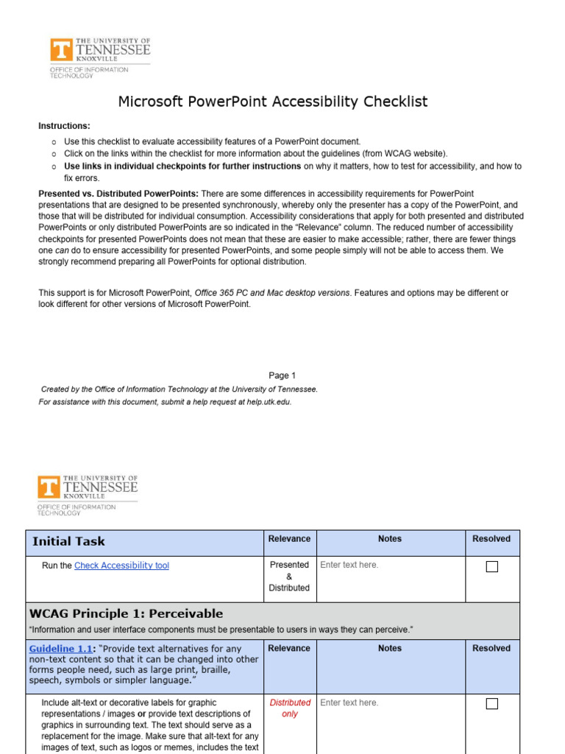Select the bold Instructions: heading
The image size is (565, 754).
(x=64, y=126)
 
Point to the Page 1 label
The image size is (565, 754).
(x=282, y=376)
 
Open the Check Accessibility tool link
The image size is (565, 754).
(x=121, y=565)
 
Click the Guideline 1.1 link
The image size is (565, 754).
(x=61, y=649)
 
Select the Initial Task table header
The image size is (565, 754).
(x=68, y=541)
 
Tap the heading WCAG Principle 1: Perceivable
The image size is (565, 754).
(x=126, y=613)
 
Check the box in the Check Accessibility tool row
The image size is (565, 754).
(x=492, y=566)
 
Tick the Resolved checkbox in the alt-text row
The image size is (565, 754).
(x=492, y=703)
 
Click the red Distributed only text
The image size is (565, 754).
(x=290, y=708)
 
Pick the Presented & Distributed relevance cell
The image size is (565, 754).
(x=289, y=577)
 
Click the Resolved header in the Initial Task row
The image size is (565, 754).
(x=491, y=539)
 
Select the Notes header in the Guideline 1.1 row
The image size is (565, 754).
(x=389, y=649)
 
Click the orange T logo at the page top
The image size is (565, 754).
(x=62, y=50)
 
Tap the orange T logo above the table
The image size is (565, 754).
(x=49, y=487)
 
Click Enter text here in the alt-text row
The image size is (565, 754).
(x=349, y=703)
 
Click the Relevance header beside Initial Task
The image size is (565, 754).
(x=289, y=539)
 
